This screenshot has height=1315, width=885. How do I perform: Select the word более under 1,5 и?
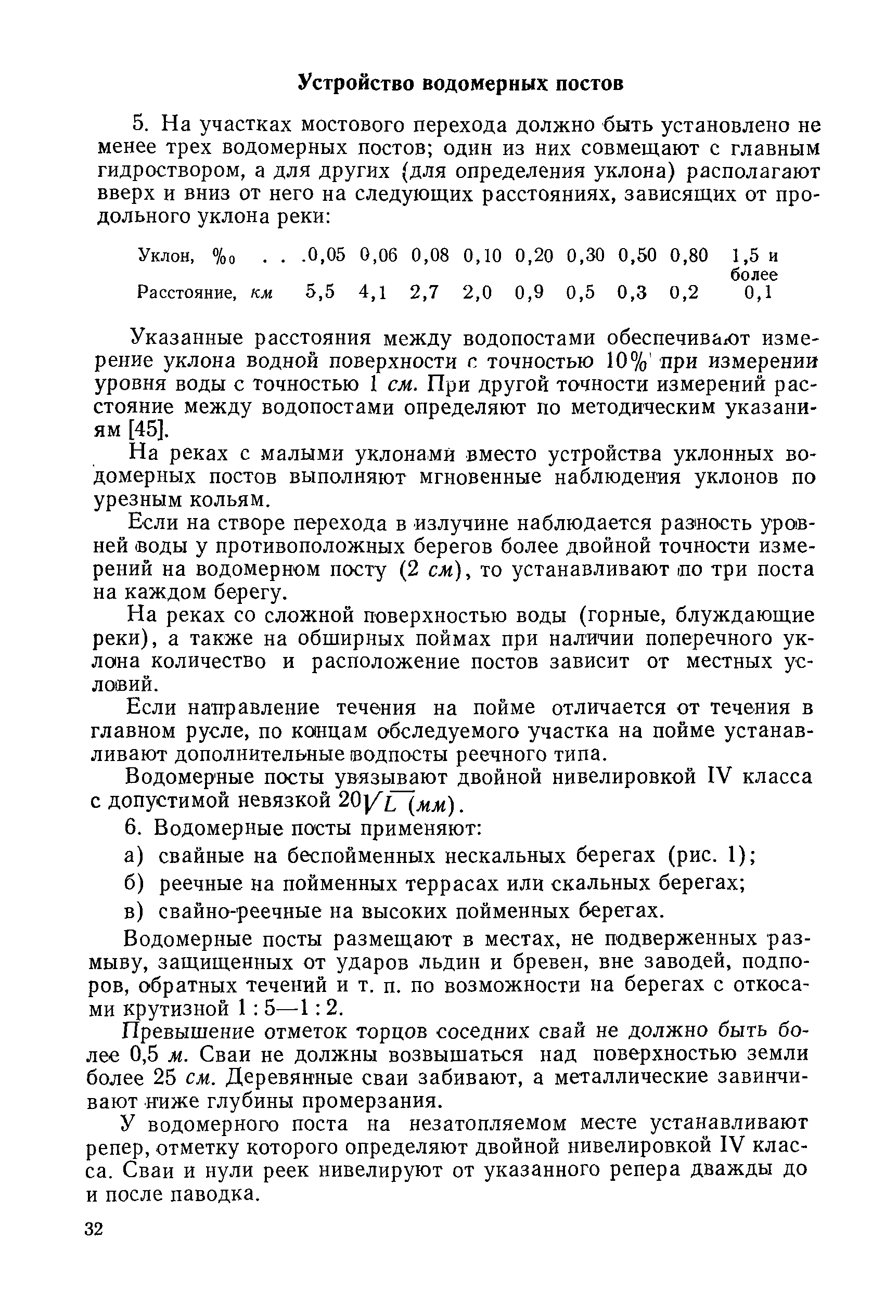(x=753, y=274)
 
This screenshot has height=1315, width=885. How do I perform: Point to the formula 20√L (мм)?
(x=401, y=801)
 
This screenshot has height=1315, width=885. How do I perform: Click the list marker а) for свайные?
(x=134, y=856)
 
